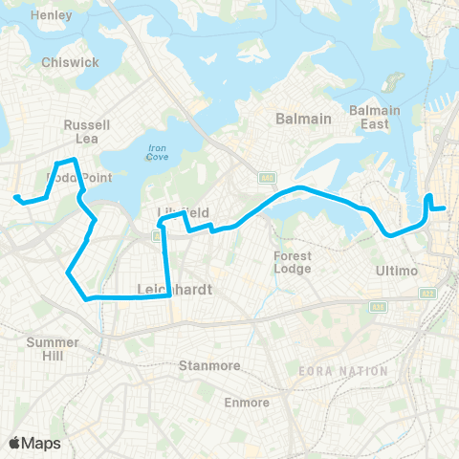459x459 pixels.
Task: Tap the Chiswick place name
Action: click(x=70, y=62)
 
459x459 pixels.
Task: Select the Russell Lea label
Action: click(x=87, y=131)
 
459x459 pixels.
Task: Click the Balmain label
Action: click(x=303, y=119)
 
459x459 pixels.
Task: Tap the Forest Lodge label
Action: click(x=292, y=262)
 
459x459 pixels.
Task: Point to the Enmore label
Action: click(x=247, y=403)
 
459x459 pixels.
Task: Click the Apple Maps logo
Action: click(x=34, y=443)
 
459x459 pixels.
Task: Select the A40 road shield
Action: click(x=267, y=176)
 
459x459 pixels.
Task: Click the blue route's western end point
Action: click(x=16, y=198)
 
